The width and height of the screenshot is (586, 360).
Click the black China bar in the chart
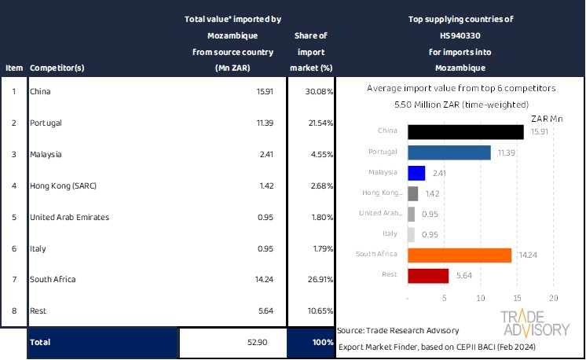pos(466,132)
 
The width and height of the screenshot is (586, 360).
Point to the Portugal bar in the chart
pos(449,152)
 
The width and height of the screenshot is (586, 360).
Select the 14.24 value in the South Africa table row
pos(262,279)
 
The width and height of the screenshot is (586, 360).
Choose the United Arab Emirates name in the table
pos(69,216)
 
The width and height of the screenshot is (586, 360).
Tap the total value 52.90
pos(262,343)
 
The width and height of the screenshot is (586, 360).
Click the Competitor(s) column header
pos(57,68)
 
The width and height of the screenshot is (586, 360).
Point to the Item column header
pos(13,68)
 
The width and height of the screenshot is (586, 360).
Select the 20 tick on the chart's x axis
pos(553,299)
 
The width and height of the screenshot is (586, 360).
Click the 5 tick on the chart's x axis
pos(445,299)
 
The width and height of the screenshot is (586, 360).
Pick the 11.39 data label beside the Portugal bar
pos(506,152)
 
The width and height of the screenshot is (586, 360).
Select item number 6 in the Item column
pos(13,248)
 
